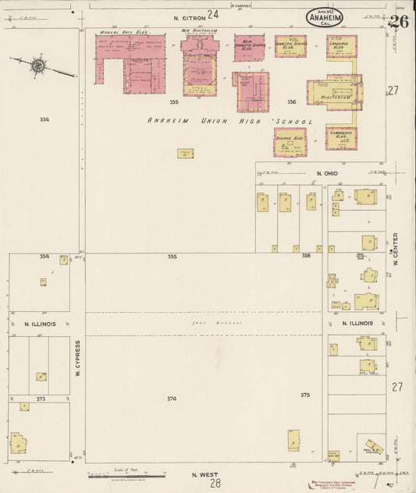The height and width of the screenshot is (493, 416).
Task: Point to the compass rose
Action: [37, 66]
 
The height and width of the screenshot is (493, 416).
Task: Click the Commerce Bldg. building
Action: [341, 137]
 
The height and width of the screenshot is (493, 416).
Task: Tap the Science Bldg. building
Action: [290, 141]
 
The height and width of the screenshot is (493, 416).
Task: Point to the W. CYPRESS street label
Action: [78, 358]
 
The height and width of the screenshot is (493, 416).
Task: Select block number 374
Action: [172, 399]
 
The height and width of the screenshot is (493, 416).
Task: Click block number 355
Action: [172, 256]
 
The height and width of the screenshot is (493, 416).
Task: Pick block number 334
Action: [44, 119]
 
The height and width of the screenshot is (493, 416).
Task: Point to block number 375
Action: [305, 395]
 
